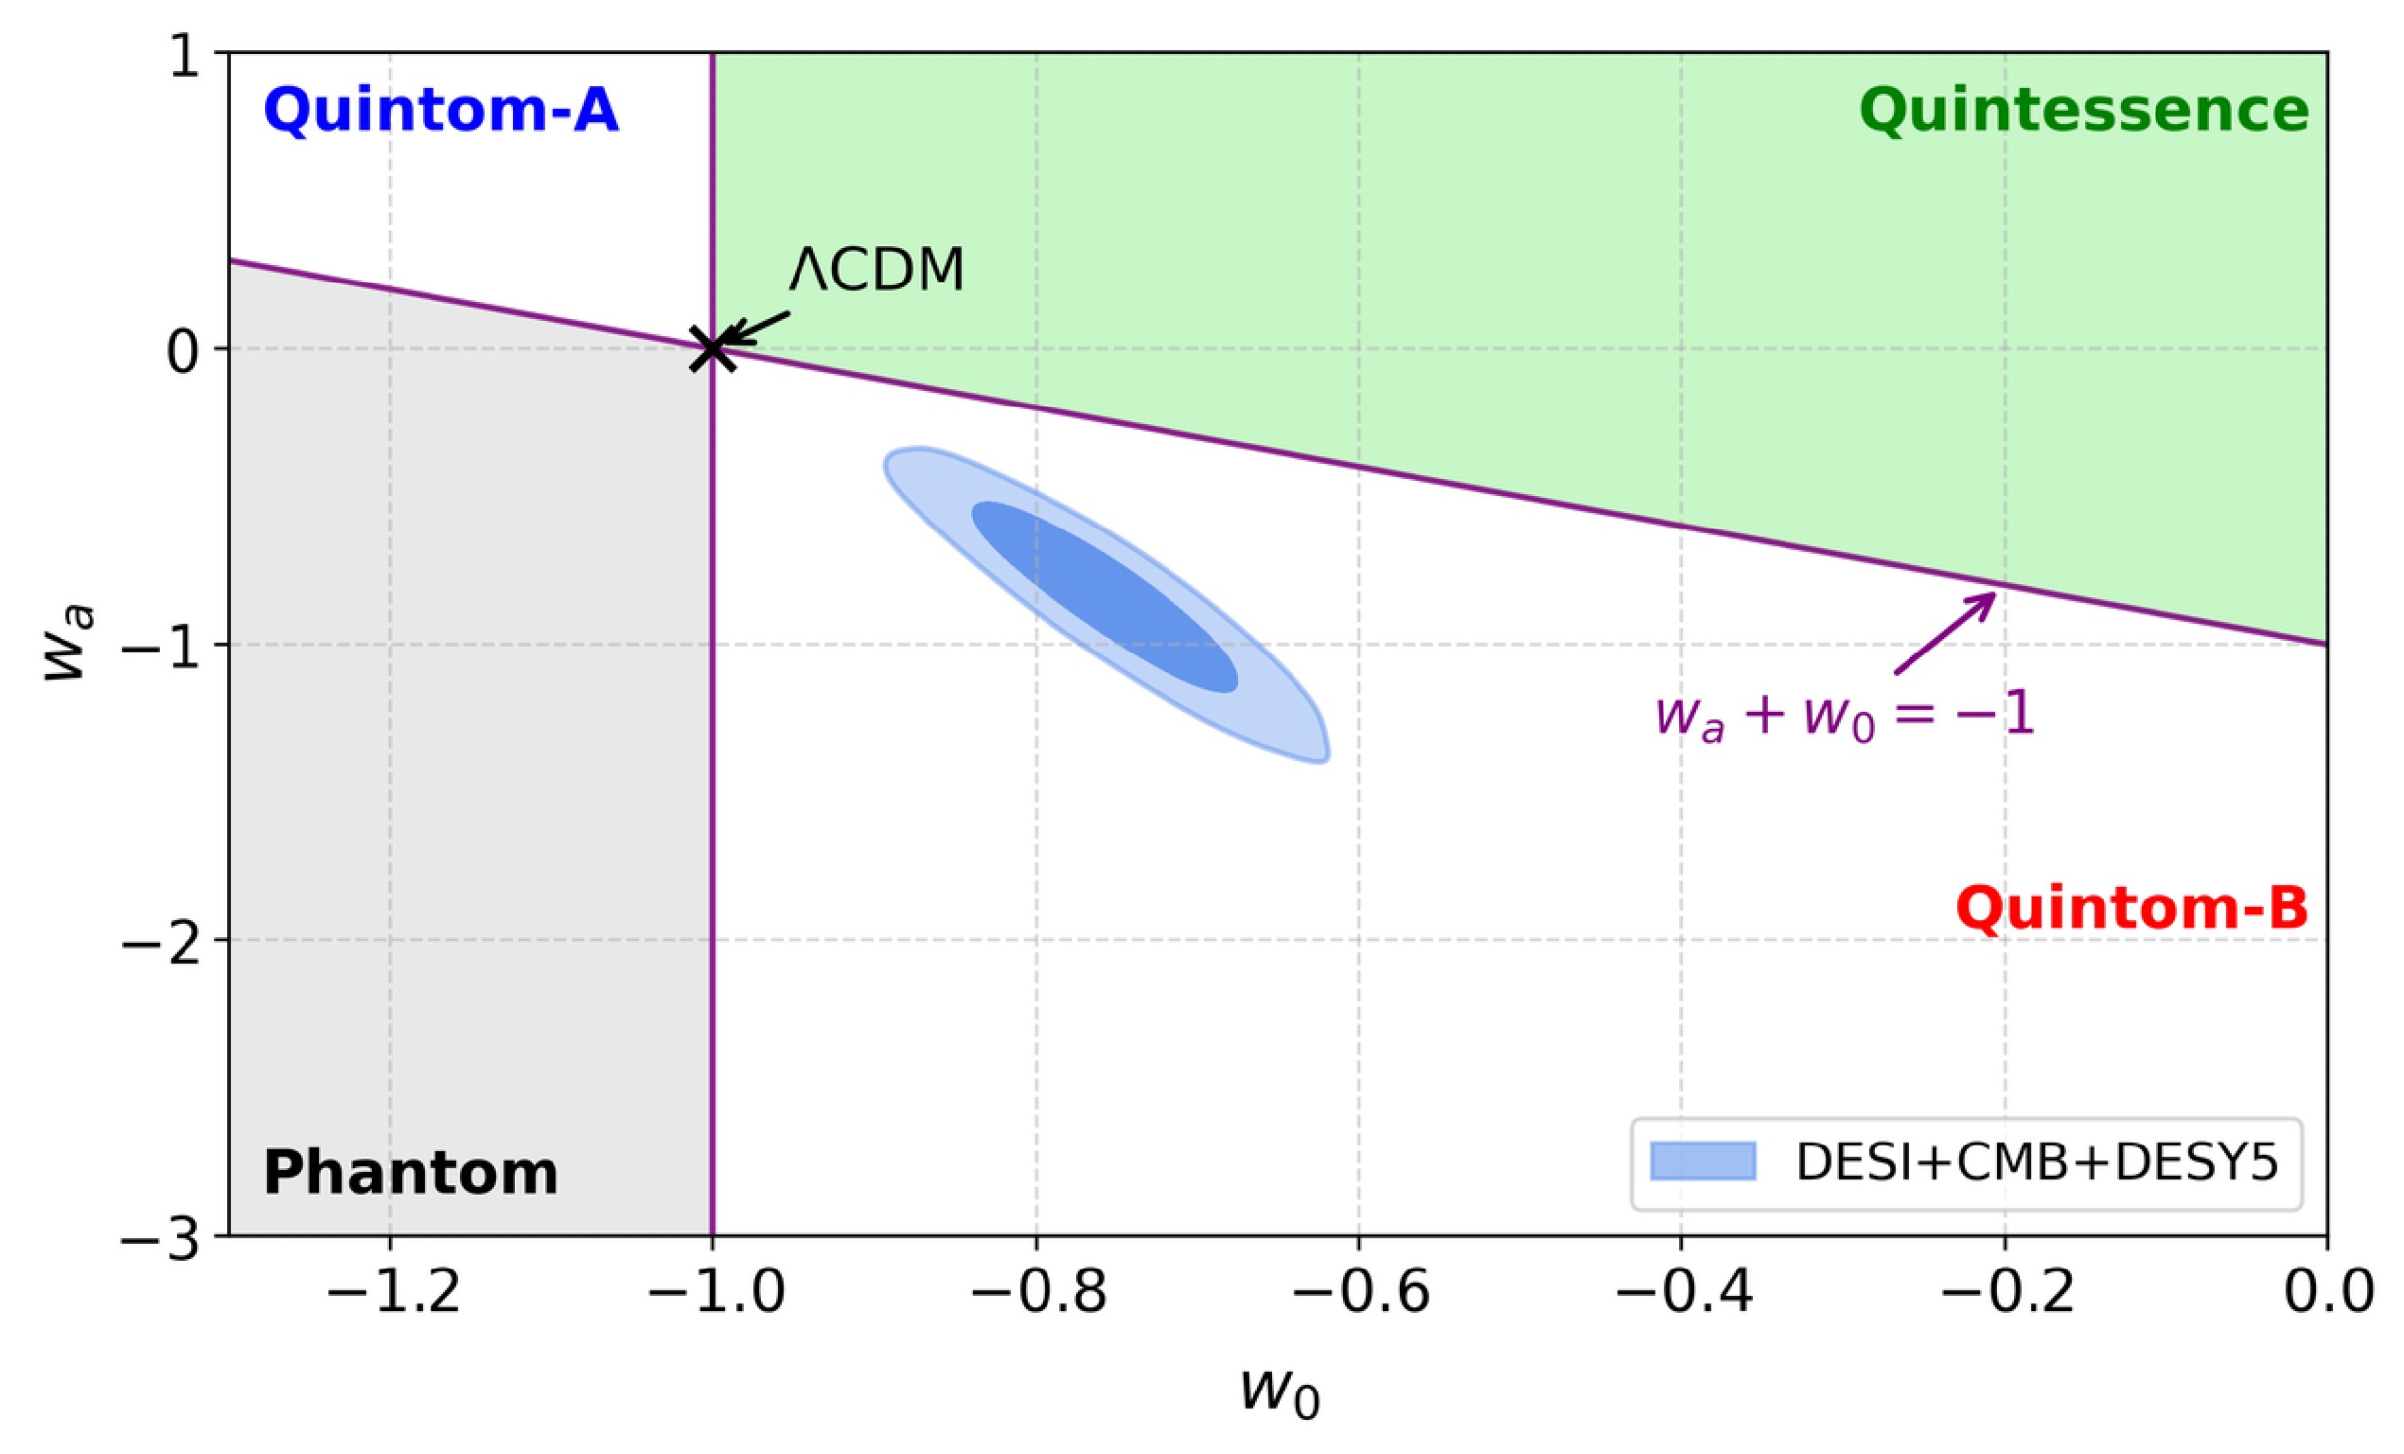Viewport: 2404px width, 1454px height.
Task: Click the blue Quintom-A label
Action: [x=441, y=110]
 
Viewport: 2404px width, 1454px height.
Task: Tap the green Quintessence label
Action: [x=2084, y=110]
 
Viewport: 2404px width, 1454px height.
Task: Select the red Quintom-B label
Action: [x=2131, y=909]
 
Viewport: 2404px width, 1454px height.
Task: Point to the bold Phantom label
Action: [x=411, y=1172]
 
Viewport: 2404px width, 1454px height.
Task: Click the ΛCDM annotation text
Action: [x=876, y=270]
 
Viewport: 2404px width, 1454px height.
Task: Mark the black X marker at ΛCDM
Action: [x=714, y=348]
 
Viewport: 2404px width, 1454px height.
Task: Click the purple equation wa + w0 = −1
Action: [x=1845, y=716]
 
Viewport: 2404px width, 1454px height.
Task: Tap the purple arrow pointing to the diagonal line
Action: [x=1943, y=633]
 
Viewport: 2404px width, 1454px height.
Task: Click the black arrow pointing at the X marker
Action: [x=757, y=328]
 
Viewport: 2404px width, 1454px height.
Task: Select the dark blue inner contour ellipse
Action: [x=1105, y=596]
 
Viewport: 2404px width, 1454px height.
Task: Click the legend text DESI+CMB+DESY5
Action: [x=2037, y=1162]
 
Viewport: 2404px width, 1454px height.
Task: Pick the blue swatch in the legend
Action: [x=1704, y=1161]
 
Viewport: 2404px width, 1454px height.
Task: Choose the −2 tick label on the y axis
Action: [x=160, y=941]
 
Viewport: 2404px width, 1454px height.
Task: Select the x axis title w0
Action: [x=1280, y=1392]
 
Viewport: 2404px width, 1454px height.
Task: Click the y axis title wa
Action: [x=70, y=644]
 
